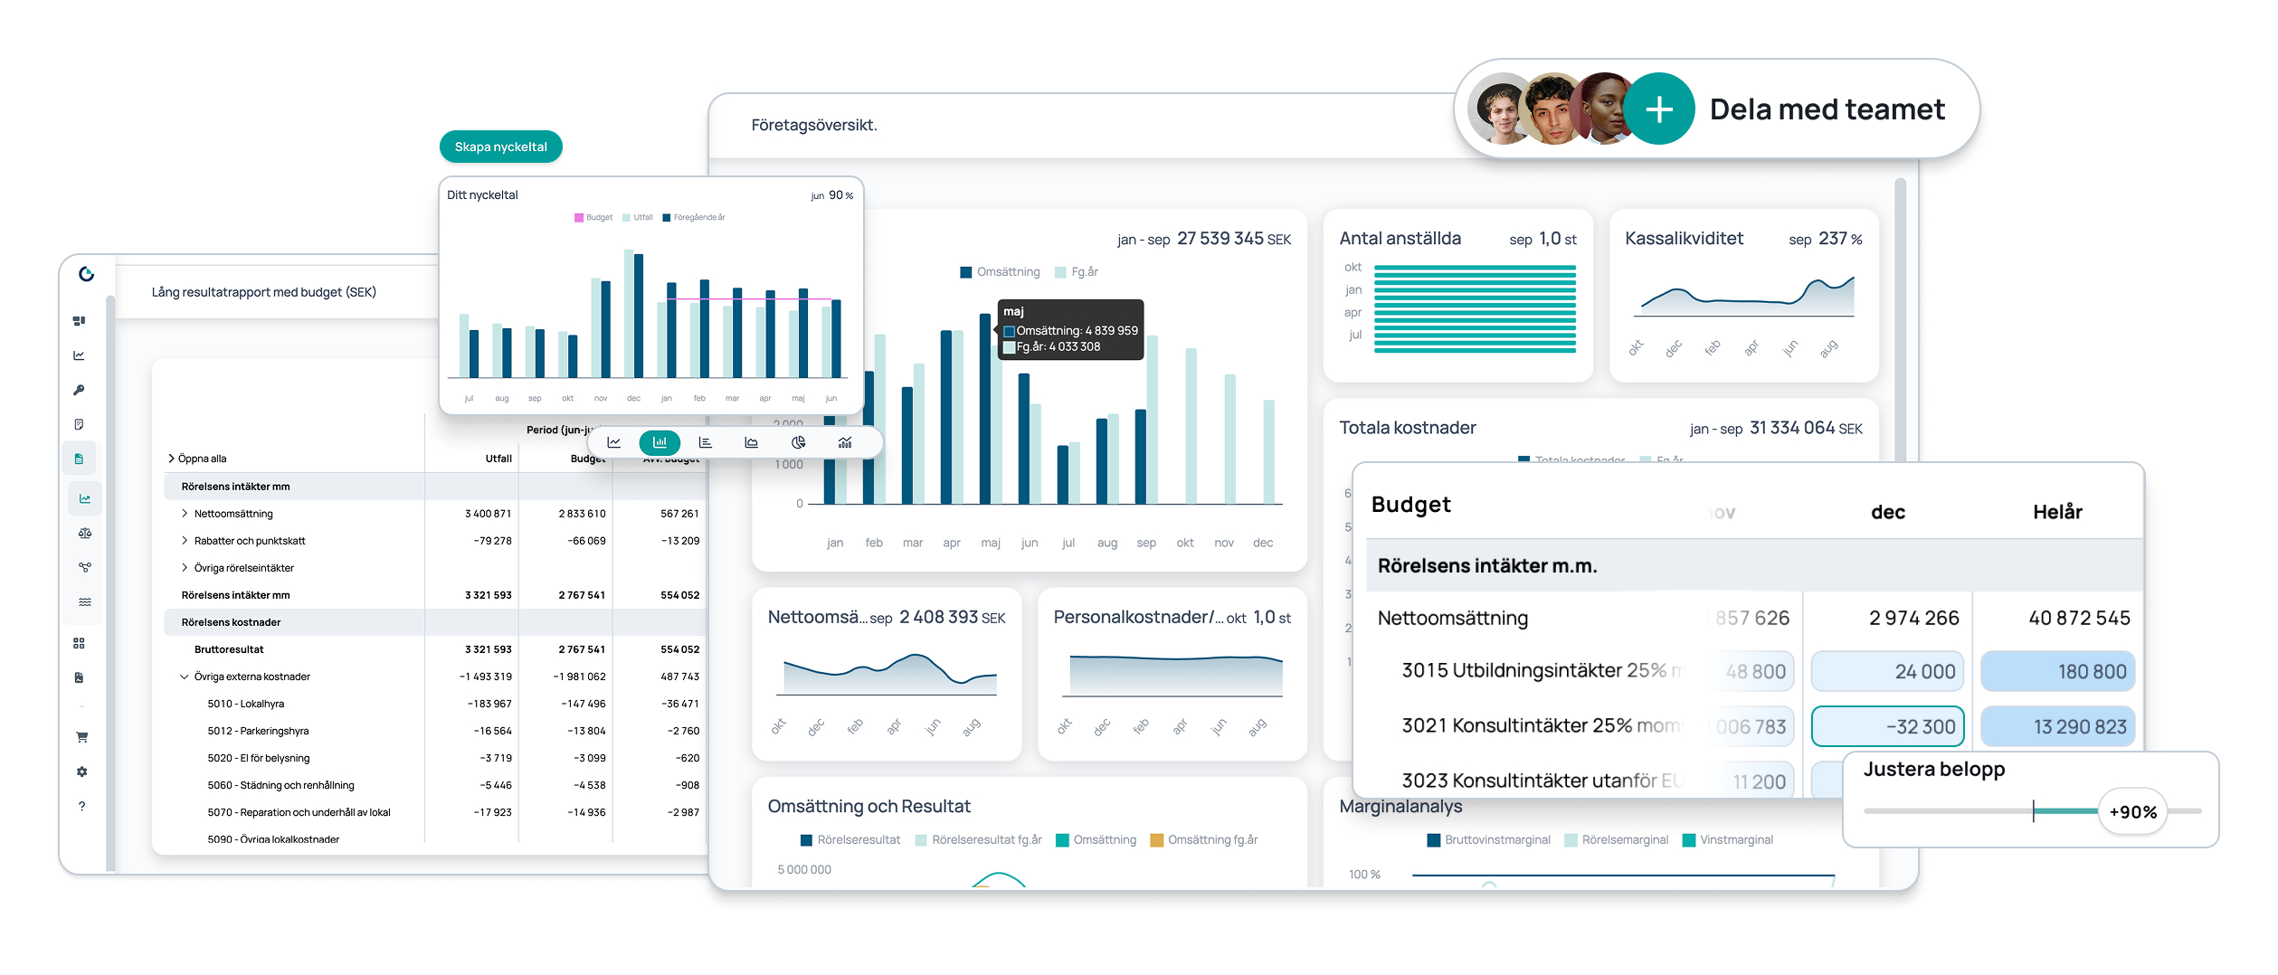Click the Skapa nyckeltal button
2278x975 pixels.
pos(500,147)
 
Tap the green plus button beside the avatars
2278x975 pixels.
pos(1658,109)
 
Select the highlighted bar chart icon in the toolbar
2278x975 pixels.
pos(660,442)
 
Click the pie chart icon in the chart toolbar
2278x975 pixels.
pos(798,442)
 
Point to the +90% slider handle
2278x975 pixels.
pos(2132,812)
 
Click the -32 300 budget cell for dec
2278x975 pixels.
pos(1887,726)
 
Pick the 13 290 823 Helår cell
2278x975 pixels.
pos(2057,726)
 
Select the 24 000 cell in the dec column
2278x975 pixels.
pos(1887,671)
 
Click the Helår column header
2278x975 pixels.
pos(2057,512)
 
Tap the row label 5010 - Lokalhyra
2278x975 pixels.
pos(245,704)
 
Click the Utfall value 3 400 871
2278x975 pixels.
pos(488,514)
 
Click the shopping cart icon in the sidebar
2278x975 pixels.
pos(82,737)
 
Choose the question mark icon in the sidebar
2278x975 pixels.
pos(82,806)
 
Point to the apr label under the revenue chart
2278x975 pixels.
pos(952,543)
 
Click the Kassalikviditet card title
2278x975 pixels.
pos(1684,239)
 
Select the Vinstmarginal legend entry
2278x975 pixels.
pos(1735,840)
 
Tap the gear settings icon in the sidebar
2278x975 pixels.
pos(82,771)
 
